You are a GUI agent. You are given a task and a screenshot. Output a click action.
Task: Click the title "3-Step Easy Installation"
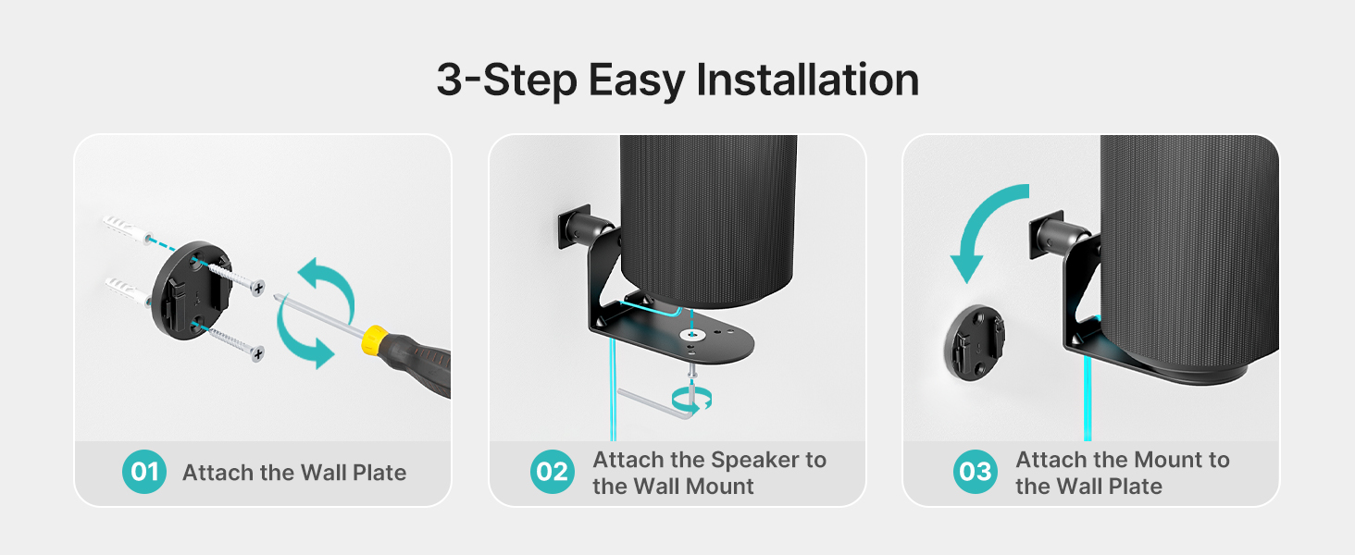tap(677, 80)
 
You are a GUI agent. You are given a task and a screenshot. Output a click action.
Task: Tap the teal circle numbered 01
tap(144, 473)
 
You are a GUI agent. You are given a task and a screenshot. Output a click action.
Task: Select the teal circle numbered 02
tap(553, 473)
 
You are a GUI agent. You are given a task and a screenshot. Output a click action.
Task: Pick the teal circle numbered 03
tap(976, 473)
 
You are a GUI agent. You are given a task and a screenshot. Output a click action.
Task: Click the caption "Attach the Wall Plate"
tap(294, 473)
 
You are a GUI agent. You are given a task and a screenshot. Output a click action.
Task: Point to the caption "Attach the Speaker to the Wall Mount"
tap(709, 473)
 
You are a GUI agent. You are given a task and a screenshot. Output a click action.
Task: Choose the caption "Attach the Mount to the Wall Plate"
tap(1122, 473)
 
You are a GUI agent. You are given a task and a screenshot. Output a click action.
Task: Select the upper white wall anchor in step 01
tap(125, 228)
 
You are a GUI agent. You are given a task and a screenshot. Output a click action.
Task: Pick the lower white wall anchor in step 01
tap(125, 288)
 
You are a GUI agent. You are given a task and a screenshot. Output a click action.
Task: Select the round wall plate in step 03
tap(976, 340)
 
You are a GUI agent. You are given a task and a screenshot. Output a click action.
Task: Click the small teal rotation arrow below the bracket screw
tap(693, 399)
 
